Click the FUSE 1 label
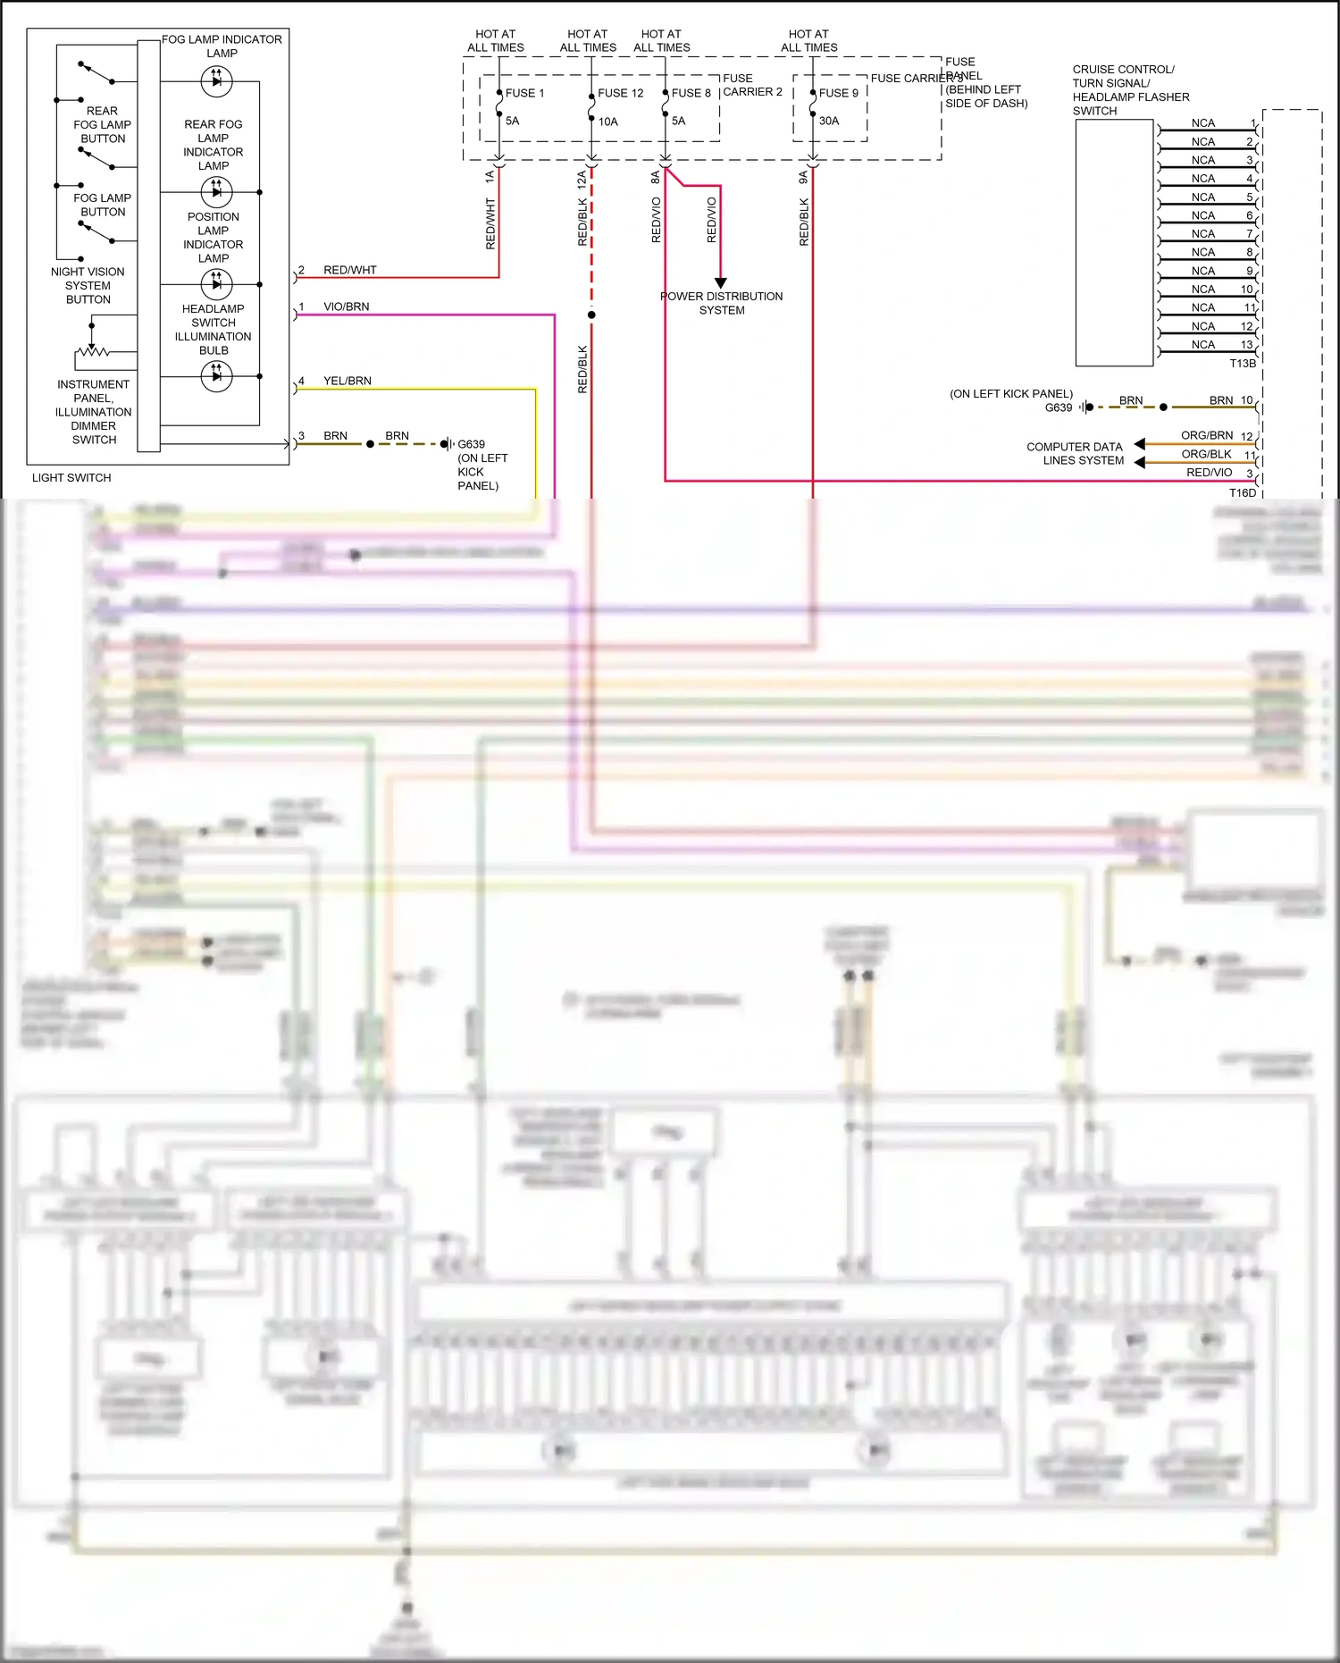[524, 93]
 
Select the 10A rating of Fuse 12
[607, 122]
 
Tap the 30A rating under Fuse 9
[828, 121]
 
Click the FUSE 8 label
[691, 93]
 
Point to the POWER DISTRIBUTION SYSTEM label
[721, 303]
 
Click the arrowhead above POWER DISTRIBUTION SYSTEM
[720, 282]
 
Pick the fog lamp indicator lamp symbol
[216, 81]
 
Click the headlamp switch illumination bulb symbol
[216, 376]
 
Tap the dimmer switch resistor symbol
[93, 351]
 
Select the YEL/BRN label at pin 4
[347, 381]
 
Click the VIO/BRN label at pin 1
[346, 307]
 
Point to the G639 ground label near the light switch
[471, 444]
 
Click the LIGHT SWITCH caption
[71, 477]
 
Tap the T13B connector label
[1242, 363]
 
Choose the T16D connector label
[1242, 492]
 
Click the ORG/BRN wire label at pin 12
[1206, 435]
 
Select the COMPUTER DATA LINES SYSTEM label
[1075, 453]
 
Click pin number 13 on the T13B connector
[1246, 344]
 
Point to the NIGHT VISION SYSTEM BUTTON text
[88, 285]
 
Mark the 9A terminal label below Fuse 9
[803, 178]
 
